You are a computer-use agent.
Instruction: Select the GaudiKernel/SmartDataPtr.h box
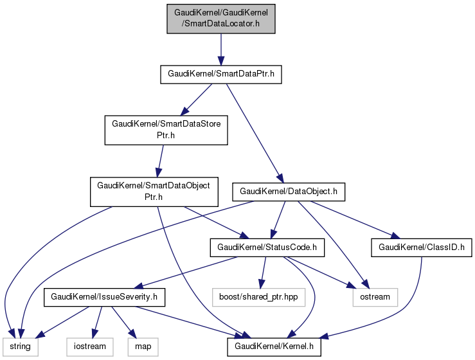(221, 74)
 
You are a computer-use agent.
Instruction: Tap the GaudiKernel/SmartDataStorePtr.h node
(166, 129)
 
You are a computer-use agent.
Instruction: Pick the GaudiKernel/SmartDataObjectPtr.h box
(153, 192)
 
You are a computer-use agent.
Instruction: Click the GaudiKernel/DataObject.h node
(292, 192)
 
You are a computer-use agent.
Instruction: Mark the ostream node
(375, 297)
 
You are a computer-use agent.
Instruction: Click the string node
(19, 347)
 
